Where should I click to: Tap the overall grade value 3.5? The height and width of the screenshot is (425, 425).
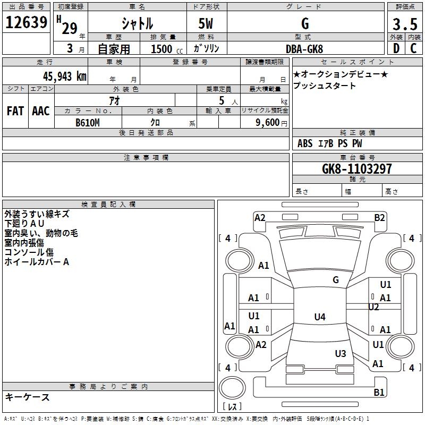point(404,24)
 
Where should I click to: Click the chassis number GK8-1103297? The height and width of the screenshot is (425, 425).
point(356,169)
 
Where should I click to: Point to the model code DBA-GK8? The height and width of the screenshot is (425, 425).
point(305,48)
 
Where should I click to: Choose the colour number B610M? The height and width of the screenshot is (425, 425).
point(88,123)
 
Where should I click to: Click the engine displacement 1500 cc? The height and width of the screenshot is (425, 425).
point(163,49)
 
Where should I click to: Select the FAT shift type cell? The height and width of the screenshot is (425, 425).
point(15,111)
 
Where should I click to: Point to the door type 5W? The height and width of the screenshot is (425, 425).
point(207,24)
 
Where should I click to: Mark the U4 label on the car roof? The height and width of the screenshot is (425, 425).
point(319,317)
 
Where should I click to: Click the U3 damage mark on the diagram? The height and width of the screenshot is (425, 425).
point(341,353)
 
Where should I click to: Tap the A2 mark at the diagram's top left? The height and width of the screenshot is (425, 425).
point(260,217)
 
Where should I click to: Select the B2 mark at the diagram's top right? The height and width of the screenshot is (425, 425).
point(379,217)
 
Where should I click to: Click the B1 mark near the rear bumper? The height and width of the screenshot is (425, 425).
point(379,393)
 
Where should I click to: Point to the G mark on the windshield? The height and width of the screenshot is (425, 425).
point(336,279)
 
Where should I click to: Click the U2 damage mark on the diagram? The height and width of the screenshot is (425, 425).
point(373,307)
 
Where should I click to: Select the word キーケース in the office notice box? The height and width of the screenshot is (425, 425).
point(27,397)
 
